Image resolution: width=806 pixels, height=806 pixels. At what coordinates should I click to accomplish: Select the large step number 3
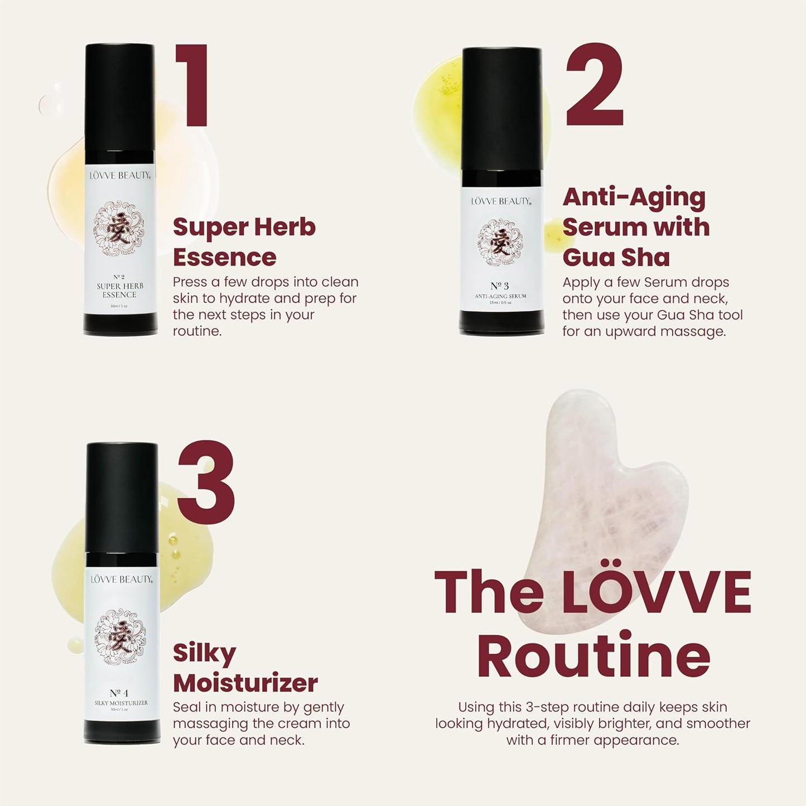pyautogui.click(x=206, y=482)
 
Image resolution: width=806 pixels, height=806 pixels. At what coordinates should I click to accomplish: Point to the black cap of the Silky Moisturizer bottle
pyautogui.click(x=122, y=496)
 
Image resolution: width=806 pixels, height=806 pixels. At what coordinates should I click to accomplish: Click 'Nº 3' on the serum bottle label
pyautogui.click(x=500, y=286)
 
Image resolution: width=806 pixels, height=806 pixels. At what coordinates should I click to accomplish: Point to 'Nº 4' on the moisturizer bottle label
pyautogui.click(x=119, y=693)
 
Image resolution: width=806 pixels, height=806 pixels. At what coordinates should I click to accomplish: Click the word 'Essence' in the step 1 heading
pyautogui.click(x=224, y=257)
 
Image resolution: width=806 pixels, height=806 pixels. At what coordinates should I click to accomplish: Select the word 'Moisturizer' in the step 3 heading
pyautogui.click(x=245, y=683)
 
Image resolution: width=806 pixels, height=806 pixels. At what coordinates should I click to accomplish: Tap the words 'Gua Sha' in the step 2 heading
pyautogui.click(x=616, y=257)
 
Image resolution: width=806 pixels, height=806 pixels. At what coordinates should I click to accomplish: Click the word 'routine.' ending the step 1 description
pyautogui.click(x=197, y=331)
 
